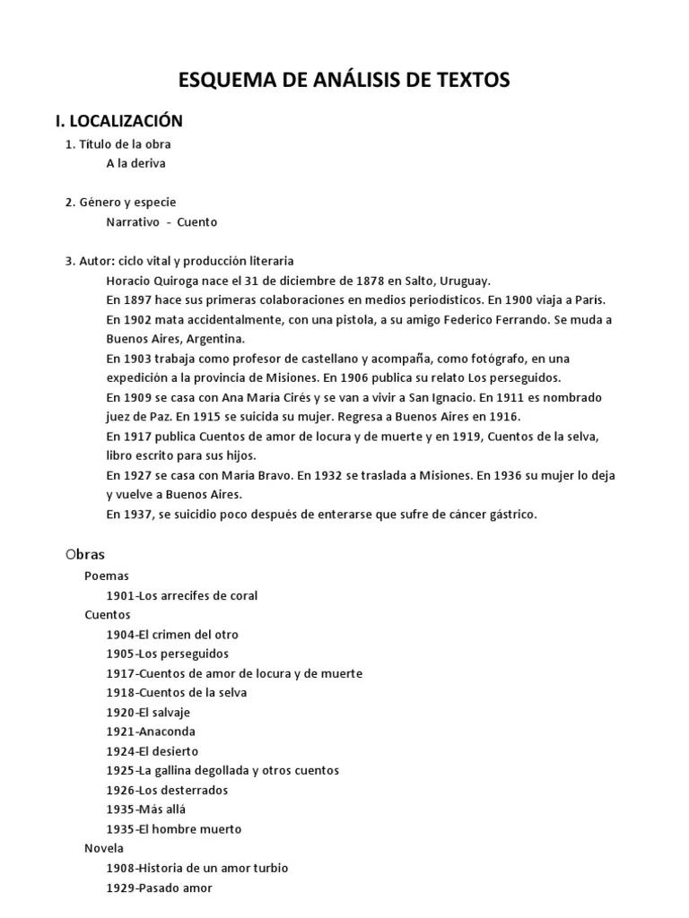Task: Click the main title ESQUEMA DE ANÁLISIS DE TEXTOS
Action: (x=344, y=80)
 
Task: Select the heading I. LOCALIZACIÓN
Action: (x=119, y=120)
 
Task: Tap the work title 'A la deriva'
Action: (x=135, y=163)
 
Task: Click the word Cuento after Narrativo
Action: (x=196, y=221)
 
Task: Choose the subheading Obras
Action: (x=85, y=555)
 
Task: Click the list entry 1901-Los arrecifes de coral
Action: (x=182, y=595)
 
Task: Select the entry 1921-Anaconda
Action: (x=151, y=732)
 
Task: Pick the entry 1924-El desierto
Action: (x=153, y=751)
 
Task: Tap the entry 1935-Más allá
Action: (x=146, y=810)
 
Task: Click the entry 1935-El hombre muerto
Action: (x=174, y=829)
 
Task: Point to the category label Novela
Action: (x=104, y=848)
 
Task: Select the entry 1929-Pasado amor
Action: (x=160, y=888)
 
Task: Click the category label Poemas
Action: (x=107, y=576)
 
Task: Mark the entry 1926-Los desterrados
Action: (x=167, y=790)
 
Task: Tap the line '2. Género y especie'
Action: (x=120, y=202)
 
